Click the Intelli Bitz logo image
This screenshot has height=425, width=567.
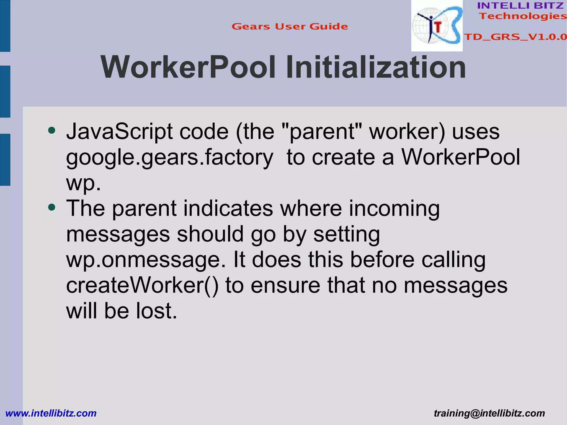pos(437,26)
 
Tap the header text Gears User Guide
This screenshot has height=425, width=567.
pos(290,27)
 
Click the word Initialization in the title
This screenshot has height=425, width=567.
pos(376,67)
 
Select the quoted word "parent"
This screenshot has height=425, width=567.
pos(322,132)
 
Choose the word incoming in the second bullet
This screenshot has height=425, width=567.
pos(394,208)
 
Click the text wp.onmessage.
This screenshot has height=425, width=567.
pos(146,260)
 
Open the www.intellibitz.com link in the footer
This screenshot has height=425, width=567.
pos(51,413)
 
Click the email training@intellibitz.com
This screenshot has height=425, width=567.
pos(489,413)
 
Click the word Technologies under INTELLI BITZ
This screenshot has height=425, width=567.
pos(523,16)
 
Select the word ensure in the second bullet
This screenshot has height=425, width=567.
pos(285,285)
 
